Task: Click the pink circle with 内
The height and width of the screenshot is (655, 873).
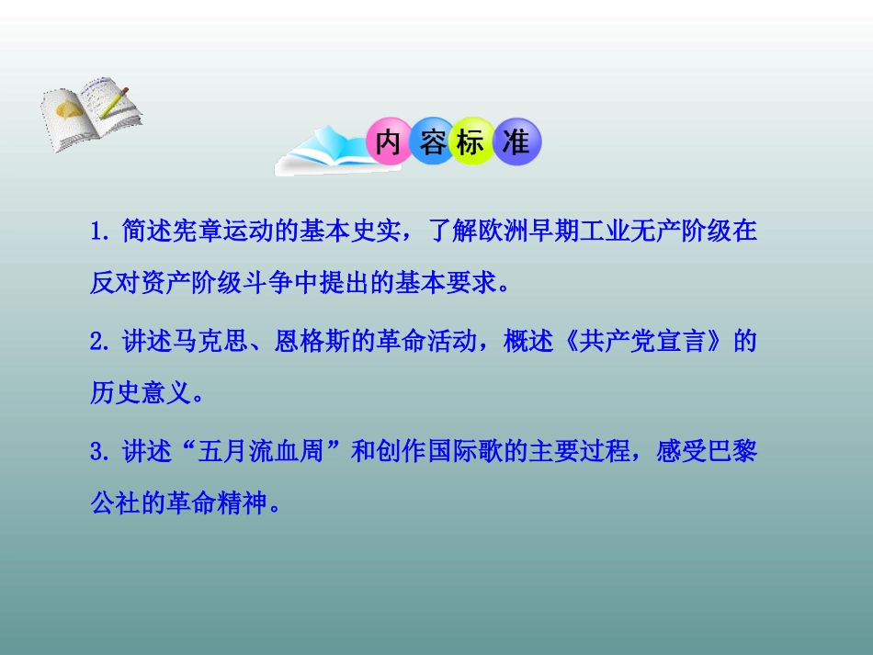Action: point(388,143)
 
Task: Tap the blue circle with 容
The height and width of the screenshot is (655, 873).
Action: point(431,143)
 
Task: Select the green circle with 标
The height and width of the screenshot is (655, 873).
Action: point(473,143)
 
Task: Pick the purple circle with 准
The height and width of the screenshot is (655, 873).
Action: point(516,143)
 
